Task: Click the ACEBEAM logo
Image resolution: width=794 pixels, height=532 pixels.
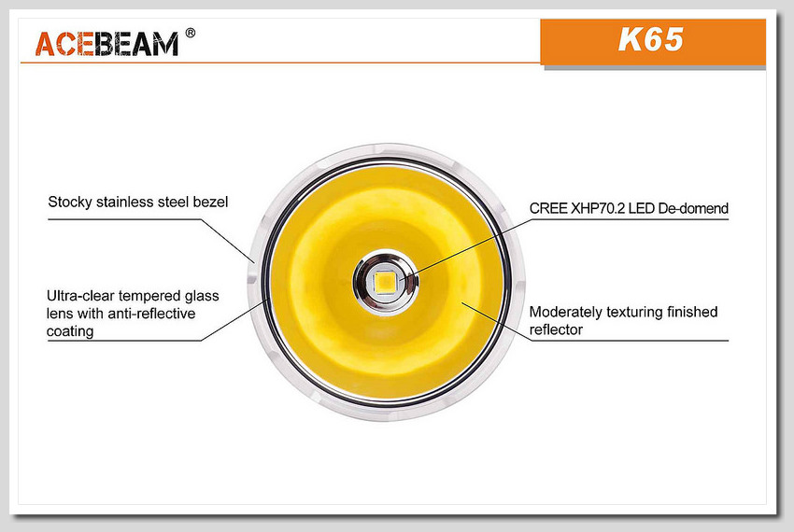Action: tap(106, 44)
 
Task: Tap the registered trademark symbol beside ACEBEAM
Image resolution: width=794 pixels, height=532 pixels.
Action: tap(191, 33)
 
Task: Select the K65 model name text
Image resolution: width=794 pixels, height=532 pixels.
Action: tap(651, 39)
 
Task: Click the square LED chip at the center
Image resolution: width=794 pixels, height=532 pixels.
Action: tap(386, 282)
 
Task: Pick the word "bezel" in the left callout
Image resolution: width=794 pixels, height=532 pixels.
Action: tap(211, 202)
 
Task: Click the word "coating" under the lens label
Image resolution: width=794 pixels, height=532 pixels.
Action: tap(70, 331)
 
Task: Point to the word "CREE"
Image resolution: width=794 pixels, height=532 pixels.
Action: tap(548, 208)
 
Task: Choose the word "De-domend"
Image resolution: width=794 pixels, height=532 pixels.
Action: tap(693, 208)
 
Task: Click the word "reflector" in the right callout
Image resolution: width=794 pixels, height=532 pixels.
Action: tap(556, 330)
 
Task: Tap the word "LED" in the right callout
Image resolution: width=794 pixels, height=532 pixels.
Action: tap(642, 208)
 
